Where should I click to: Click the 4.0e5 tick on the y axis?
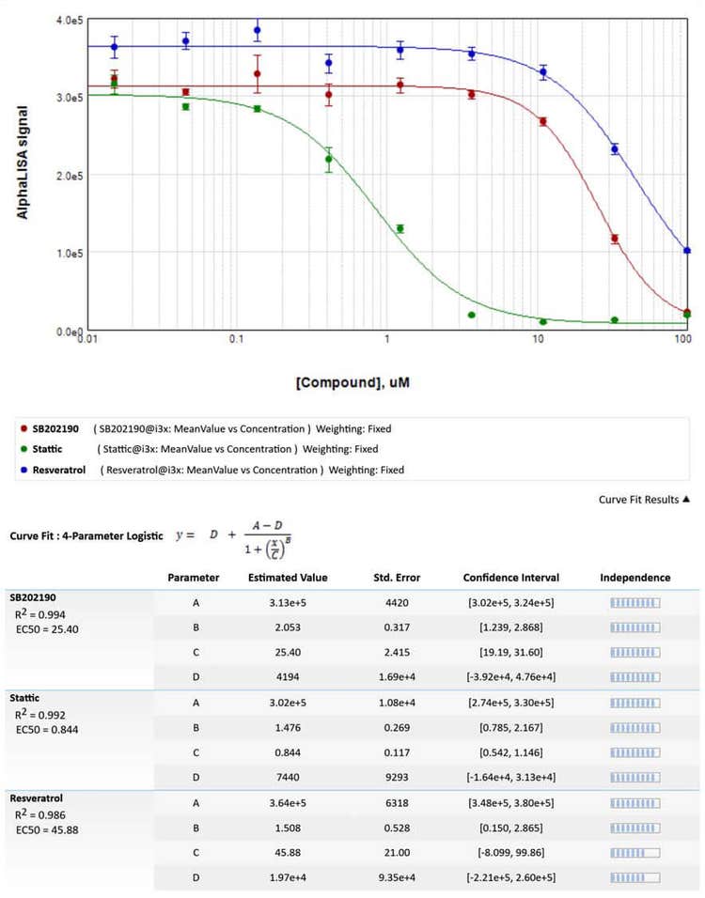(x=69, y=20)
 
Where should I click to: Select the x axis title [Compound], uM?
(x=362, y=383)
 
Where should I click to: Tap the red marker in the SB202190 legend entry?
(x=23, y=428)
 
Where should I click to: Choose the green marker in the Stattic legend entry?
(x=23, y=449)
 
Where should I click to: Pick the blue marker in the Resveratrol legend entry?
(x=23, y=469)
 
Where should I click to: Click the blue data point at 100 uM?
(x=686, y=251)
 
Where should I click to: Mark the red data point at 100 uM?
(x=686, y=312)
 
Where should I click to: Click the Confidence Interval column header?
(x=510, y=578)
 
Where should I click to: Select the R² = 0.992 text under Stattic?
(x=39, y=714)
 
